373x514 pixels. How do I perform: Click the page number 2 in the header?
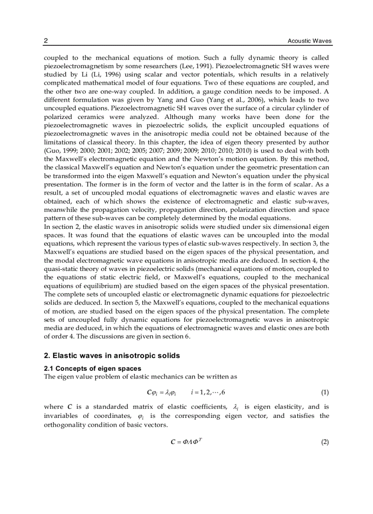pos(46,41)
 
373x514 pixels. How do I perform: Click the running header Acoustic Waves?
pos(309,41)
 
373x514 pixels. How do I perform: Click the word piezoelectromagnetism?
pos(75,66)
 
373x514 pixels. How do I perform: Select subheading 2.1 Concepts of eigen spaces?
pos(92,368)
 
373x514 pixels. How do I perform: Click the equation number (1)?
pos(325,393)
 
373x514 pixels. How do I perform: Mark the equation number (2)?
pos(325,442)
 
